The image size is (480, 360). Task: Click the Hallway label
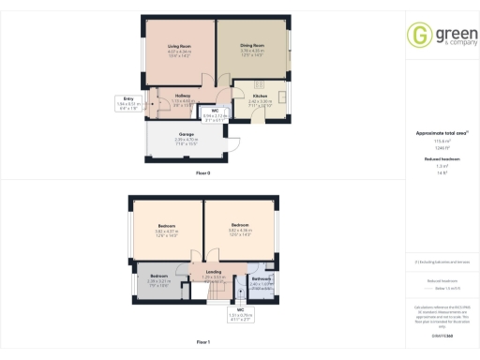[x=183, y=96]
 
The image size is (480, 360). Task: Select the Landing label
[x=215, y=271]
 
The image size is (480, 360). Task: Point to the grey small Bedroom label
[x=158, y=276]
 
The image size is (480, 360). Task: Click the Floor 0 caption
[x=203, y=173]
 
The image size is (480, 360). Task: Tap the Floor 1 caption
[x=203, y=343]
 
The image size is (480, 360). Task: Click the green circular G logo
[x=418, y=35]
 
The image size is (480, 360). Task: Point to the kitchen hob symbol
[x=256, y=84]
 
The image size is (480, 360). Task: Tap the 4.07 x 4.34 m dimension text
[x=180, y=52]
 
